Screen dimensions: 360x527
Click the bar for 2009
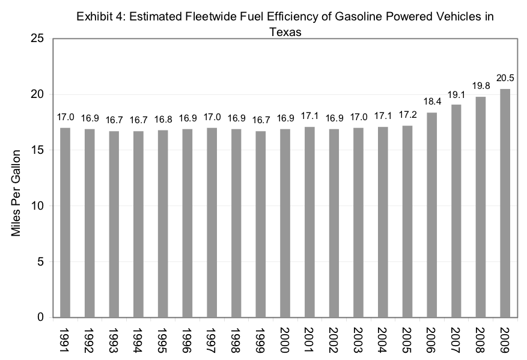tap(505, 203)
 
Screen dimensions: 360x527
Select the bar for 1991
tap(65, 222)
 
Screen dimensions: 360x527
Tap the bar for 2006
tap(431, 215)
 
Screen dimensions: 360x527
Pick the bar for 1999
tap(260, 224)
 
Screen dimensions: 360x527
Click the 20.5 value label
tap(505, 79)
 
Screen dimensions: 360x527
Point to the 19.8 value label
tap(481, 87)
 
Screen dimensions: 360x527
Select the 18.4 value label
tap(431, 102)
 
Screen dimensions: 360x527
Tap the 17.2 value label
tap(407, 115)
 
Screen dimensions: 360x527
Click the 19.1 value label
tap(456, 94)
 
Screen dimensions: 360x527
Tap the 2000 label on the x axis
tap(285, 339)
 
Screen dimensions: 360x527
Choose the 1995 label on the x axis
tap(163, 339)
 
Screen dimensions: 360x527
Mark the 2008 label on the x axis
tap(481, 339)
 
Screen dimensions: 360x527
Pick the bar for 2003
tap(358, 222)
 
